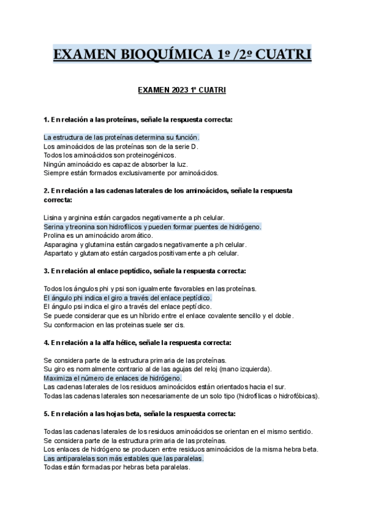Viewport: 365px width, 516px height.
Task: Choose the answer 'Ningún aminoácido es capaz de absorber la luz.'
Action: [x=116, y=164]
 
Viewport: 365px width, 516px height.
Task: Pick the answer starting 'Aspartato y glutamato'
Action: [x=141, y=253]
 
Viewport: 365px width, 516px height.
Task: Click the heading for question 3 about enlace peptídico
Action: [x=145, y=271]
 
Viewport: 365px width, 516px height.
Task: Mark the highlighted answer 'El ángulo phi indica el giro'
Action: [x=128, y=298]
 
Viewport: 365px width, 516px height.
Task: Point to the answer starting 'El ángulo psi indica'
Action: [x=127, y=307]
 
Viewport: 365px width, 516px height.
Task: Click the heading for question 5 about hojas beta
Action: [x=139, y=414]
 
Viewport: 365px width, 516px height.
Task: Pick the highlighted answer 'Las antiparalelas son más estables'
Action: [x=123, y=458]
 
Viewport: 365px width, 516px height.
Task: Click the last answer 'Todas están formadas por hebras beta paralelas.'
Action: [x=117, y=467]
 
